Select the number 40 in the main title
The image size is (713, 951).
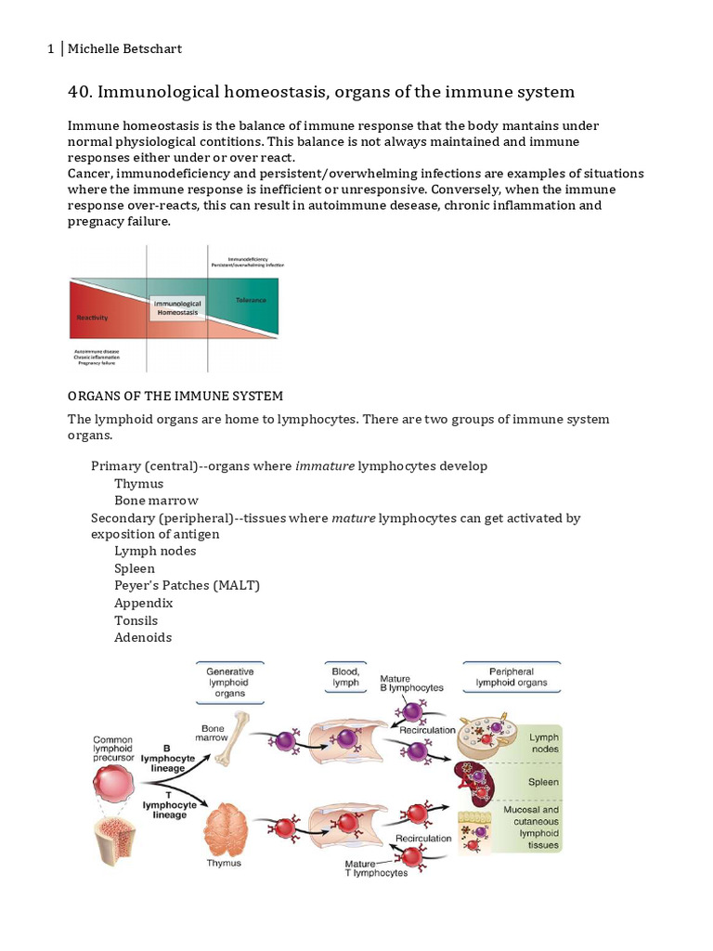point(78,92)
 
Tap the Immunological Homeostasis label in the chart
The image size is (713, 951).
point(176,308)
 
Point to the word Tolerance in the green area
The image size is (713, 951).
point(250,300)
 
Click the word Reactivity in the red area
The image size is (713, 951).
point(92,318)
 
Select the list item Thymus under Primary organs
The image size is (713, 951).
point(138,483)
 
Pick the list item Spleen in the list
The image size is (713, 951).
point(135,568)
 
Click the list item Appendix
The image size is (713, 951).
point(144,603)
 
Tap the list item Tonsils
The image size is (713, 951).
point(136,620)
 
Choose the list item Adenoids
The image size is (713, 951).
point(143,637)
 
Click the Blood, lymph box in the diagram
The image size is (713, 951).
point(345,677)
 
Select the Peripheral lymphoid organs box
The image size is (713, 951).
point(511,677)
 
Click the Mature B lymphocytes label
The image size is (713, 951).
point(411,684)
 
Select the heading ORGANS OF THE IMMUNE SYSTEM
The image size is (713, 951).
point(175,397)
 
